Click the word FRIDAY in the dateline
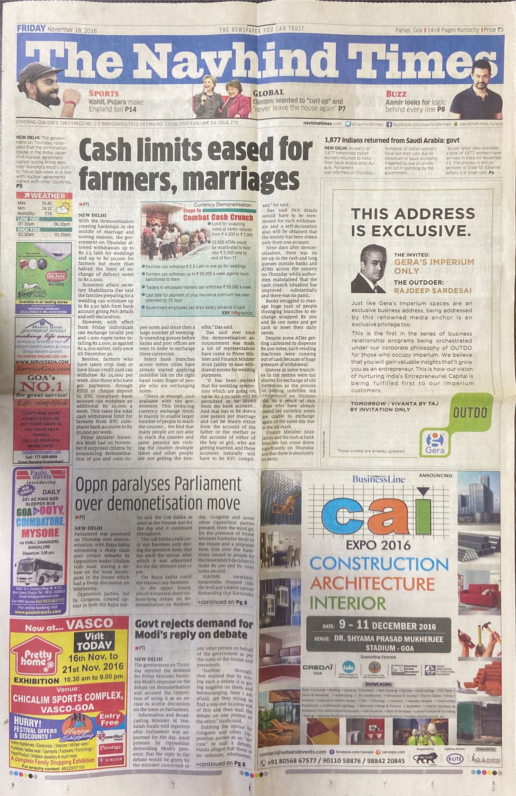tap(31, 29)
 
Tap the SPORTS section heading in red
tap(104, 93)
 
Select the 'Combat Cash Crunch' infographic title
tap(218, 217)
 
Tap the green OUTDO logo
tap(470, 413)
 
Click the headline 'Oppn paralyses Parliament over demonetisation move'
tap(158, 494)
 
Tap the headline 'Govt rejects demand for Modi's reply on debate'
tap(194, 628)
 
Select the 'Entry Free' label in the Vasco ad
tap(110, 719)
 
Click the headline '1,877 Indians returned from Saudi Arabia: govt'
tap(392, 140)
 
